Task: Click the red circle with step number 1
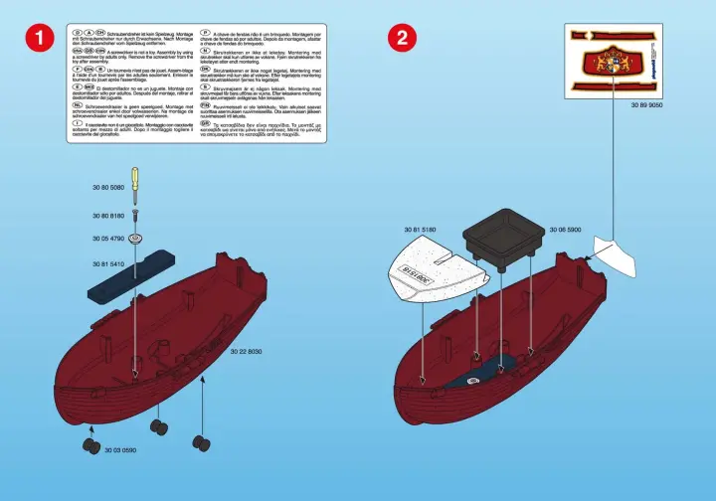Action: (38, 40)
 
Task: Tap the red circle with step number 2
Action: (402, 40)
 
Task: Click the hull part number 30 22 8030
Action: (246, 351)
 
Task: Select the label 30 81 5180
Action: (422, 231)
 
